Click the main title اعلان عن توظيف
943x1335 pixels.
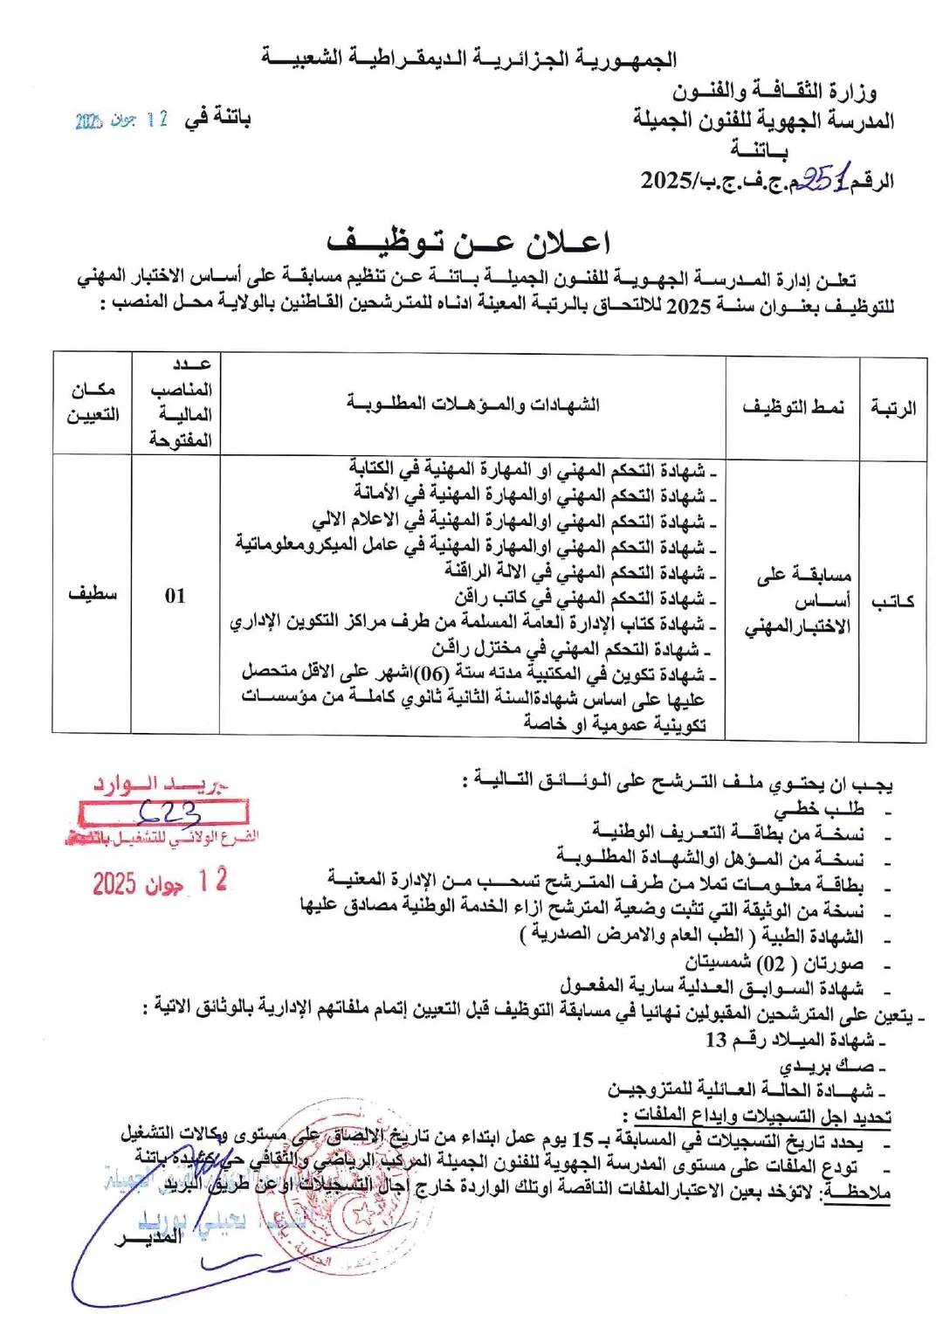468,242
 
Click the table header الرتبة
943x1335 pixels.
892,406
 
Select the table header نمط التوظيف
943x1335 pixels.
793,406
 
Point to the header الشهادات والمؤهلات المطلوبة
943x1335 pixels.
472,403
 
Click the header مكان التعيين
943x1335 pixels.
93,402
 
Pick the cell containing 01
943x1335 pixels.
176,596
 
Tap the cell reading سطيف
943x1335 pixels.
93,594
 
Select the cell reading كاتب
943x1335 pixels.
892,600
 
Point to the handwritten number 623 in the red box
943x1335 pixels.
170,813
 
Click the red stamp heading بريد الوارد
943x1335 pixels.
162,784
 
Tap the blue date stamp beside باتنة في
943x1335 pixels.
121,120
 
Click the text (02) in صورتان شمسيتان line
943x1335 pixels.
769,963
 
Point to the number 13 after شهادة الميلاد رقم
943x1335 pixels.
716,1040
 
